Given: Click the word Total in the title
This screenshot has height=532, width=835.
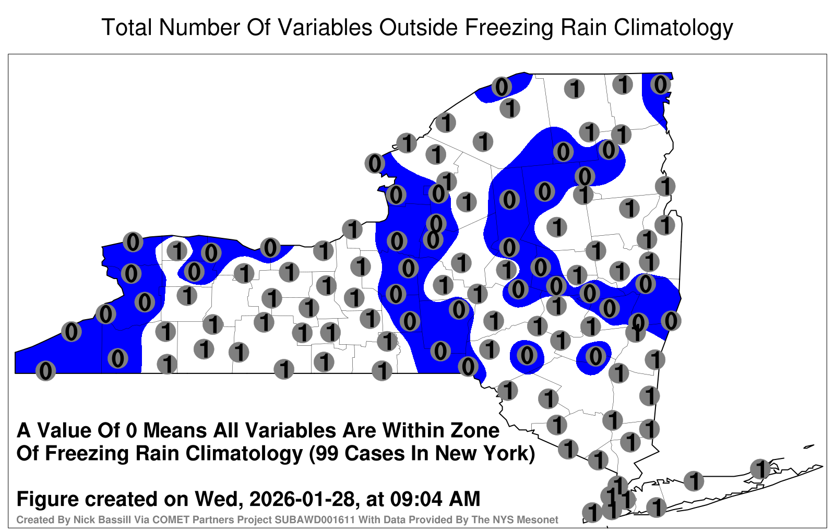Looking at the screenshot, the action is tap(127, 27).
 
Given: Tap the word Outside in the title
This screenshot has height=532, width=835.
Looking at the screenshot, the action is tap(419, 27).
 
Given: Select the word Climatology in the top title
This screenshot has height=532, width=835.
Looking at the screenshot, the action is tap(674, 28).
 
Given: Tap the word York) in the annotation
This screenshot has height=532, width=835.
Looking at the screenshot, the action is tap(508, 454).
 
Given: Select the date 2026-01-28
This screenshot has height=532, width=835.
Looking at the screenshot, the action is tap(302, 499).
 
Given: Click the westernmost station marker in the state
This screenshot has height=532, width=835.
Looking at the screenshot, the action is tap(45, 371).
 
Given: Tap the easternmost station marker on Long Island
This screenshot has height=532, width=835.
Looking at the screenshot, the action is tap(760, 469).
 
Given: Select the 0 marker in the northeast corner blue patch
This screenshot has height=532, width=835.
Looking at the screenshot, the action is tap(661, 84).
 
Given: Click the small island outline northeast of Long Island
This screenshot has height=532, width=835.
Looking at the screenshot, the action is tap(808, 446).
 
